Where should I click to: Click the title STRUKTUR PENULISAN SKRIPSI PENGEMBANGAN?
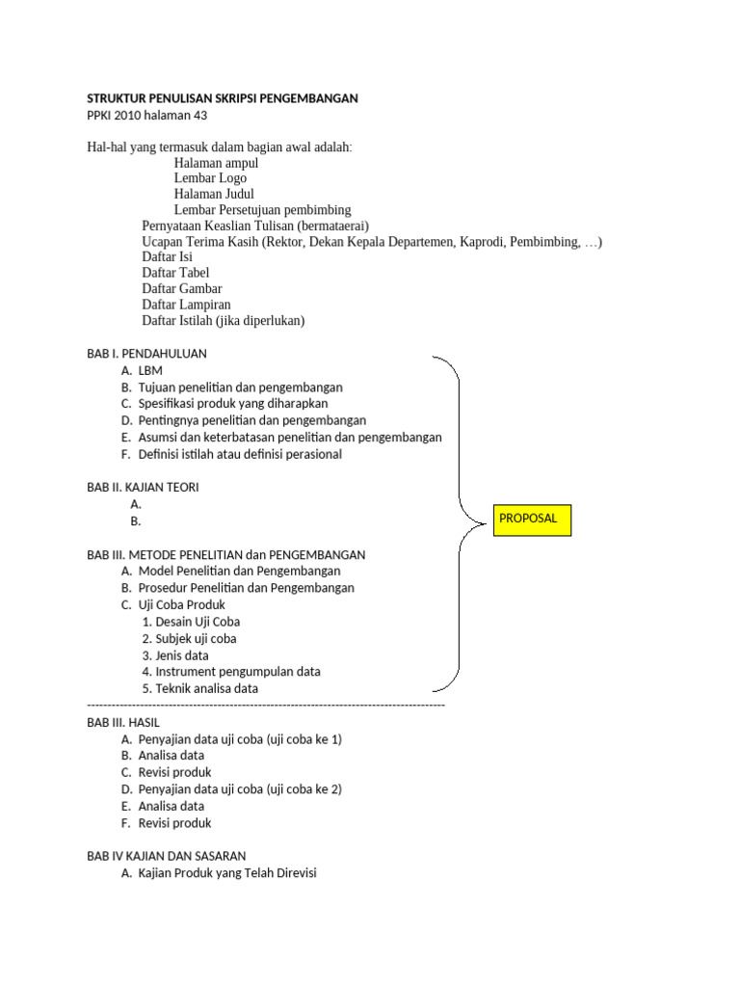[x=223, y=98]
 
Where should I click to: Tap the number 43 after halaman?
[x=198, y=116]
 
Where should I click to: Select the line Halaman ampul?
[x=216, y=163]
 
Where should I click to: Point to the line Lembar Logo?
[x=210, y=178]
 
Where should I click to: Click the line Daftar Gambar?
[x=182, y=288]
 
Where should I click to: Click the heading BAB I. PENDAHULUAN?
[x=146, y=354]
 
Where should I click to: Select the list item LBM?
[x=150, y=370]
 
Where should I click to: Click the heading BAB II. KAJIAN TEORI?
[x=143, y=488]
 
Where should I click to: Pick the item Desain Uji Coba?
[x=198, y=622]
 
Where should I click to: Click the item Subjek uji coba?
[x=196, y=638]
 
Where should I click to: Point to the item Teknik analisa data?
[x=206, y=688]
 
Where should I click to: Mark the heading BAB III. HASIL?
[x=123, y=722]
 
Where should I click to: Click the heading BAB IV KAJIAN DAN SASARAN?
[x=167, y=856]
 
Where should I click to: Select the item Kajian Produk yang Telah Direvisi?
[x=227, y=873]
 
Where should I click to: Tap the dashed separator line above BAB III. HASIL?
[x=266, y=706]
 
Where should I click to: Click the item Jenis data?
[x=182, y=655]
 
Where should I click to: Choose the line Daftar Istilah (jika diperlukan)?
[x=223, y=320]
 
